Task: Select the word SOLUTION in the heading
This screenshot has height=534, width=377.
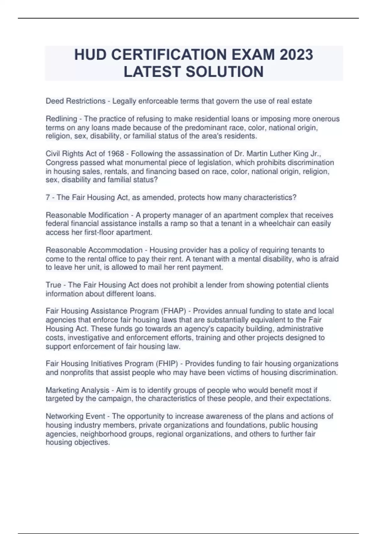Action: coord(225,72)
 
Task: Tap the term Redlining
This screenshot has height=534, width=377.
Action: coord(61,119)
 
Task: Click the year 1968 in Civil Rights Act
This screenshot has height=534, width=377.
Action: coord(116,154)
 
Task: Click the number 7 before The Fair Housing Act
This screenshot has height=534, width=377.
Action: coord(48,197)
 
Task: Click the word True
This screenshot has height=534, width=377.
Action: coord(53,285)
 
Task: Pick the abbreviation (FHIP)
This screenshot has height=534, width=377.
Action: coord(167,364)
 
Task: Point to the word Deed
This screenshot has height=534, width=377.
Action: coord(54,101)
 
